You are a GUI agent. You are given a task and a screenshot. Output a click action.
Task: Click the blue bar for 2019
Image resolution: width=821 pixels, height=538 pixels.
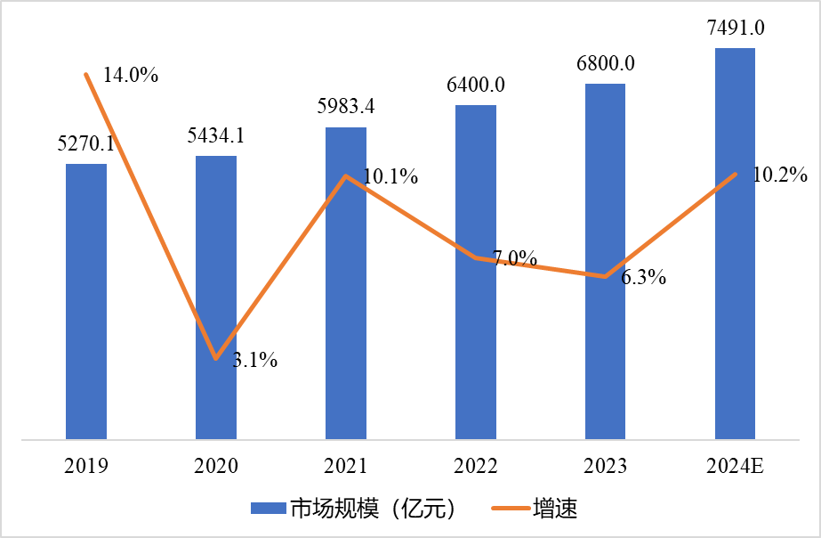coord(86,303)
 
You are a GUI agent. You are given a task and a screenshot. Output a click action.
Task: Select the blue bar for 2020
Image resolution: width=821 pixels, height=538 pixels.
coord(216,298)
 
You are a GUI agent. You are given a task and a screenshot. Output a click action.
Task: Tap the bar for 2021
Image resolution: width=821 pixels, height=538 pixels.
coord(346,285)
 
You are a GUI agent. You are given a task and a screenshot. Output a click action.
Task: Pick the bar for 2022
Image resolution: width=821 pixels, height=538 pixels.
coord(476,273)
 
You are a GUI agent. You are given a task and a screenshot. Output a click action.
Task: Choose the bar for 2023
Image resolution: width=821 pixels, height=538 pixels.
coord(606,262)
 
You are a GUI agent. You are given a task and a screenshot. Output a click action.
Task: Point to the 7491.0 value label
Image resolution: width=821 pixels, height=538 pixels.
coord(736,28)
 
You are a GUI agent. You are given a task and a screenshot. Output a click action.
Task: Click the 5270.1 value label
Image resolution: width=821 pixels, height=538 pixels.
coord(86,144)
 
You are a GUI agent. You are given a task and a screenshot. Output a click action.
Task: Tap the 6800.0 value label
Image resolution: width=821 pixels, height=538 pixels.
coord(606,63)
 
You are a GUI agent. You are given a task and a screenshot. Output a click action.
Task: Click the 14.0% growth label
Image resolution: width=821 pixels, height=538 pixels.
coord(131,76)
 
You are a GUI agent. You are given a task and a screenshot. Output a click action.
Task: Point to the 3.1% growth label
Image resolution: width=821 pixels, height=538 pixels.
coord(255,361)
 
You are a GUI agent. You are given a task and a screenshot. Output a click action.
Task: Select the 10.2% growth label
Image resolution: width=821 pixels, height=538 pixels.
coord(779,175)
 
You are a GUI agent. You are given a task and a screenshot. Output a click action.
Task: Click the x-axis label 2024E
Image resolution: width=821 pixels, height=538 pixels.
coord(736,466)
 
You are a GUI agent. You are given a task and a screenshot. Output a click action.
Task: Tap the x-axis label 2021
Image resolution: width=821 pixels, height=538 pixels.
coord(346,466)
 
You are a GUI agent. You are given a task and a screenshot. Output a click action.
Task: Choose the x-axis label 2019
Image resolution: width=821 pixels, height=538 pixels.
coord(86,466)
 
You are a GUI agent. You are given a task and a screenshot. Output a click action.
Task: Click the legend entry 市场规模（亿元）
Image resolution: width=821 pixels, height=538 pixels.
coord(373,509)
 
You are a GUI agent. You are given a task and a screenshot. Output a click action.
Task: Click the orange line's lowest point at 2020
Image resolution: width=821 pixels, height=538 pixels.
coord(215,359)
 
